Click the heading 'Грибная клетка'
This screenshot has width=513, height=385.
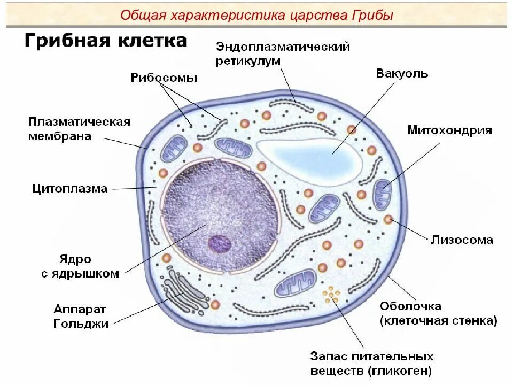tap(106, 41)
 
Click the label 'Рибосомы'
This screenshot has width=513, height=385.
tap(164, 78)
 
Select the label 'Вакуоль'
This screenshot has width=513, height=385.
tap(402, 74)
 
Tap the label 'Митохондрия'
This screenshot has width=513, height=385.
tap(449, 130)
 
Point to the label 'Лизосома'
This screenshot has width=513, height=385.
tap(462, 240)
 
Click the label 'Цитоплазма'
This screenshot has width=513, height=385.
tap(69, 189)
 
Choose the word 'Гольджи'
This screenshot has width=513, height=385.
tap(81, 324)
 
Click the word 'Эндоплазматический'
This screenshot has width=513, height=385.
tap(283, 47)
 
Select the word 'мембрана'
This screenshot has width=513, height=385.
tap(60, 136)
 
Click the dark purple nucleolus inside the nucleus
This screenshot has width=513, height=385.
tap(219, 244)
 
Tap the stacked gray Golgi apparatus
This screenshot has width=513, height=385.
tap(184, 291)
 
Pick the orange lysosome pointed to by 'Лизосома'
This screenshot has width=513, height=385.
tap(388, 219)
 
